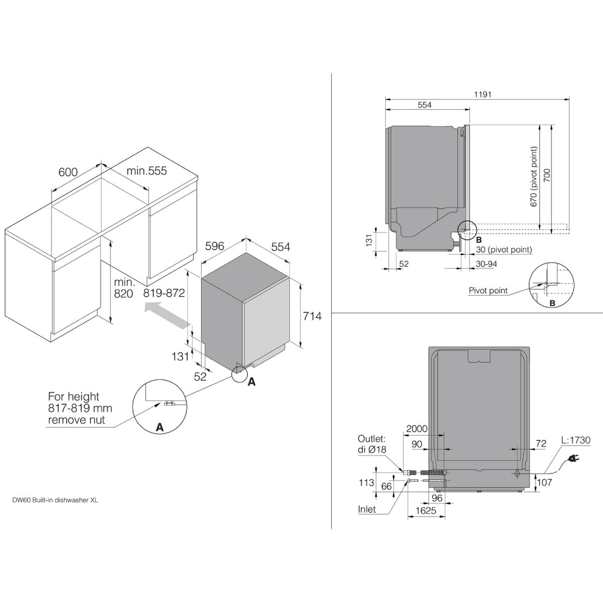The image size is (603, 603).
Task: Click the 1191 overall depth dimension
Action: click(483, 94)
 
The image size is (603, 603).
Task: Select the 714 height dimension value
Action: click(312, 316)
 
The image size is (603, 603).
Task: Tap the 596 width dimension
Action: click(215, 246)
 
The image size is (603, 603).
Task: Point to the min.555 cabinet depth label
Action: click(147, 171)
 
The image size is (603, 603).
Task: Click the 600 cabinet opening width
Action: click(68, 172)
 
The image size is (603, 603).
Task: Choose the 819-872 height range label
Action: click(164, 293)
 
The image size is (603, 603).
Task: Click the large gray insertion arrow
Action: click(167, 315)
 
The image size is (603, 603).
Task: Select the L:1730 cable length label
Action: click(576, 440)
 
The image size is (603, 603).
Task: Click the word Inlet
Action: click(367, 510)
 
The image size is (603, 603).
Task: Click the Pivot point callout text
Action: click(488, 291)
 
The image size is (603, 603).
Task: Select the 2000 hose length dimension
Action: click(417, 429)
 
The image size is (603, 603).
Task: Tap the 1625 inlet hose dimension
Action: click(426, 511)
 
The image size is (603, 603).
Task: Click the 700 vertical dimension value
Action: click(547, 175)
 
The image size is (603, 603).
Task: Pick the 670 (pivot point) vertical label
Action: click(534, 176)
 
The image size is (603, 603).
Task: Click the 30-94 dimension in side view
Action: click(486, 264)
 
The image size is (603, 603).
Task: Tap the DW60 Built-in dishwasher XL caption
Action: click(55, 500)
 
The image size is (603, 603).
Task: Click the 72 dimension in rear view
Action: click(541, 443)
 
